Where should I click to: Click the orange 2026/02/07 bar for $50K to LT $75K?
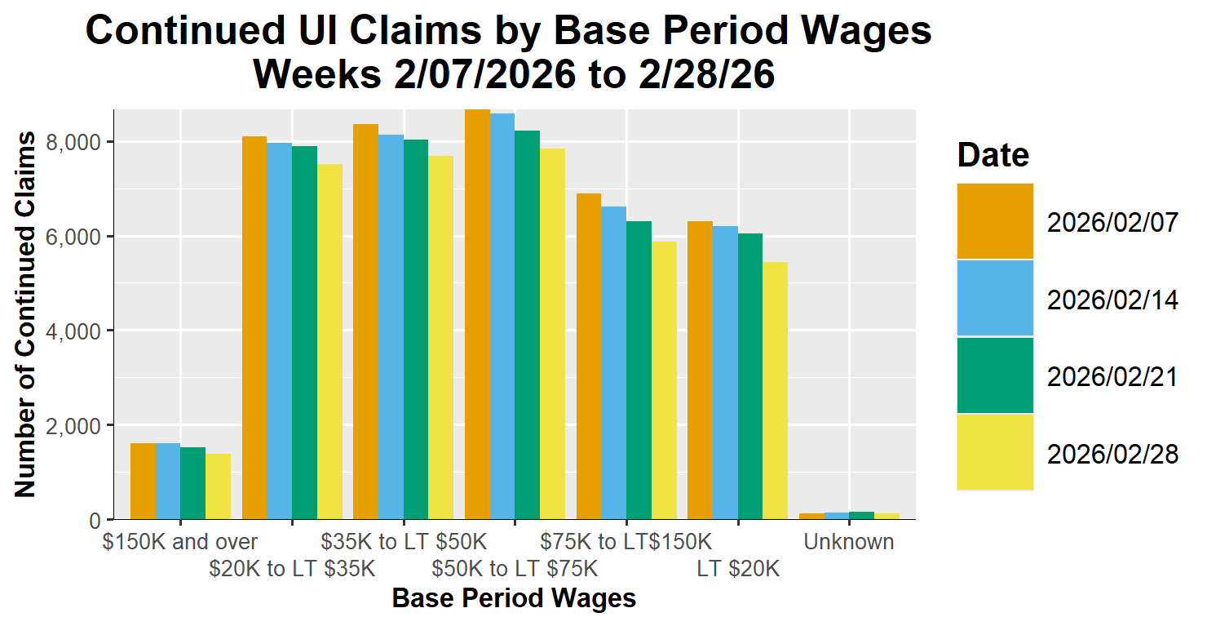tap(477, 314)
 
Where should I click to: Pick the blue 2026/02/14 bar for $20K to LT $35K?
tap(280, 331)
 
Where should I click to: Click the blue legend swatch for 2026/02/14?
tap(995, 298)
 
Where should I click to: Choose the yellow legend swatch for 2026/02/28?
tap(995, 451)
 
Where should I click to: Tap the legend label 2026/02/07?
tap(1112, 222)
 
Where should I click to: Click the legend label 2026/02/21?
tap(1112, 376)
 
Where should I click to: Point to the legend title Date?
tap(993, 154)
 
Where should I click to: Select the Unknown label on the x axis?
tap(848, 542)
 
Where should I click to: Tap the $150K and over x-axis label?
tap(180, 542)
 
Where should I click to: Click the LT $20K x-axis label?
tap(738, 569)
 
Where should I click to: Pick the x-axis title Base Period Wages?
tap(514, 598)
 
